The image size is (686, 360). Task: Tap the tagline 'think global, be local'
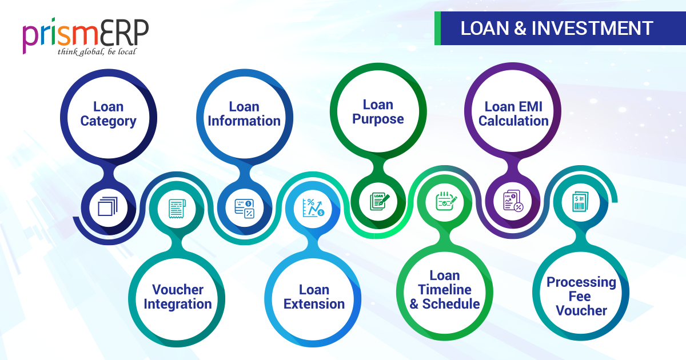tap(97, 52)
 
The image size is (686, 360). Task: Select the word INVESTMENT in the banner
tap(592, 28)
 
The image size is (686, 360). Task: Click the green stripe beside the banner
tap(437, 28)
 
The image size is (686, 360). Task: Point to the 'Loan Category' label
tap(109, 114)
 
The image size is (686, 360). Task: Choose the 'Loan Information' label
tap(244, 114)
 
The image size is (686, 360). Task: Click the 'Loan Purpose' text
tap(378, 112)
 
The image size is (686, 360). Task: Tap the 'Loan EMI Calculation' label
tap(513, 114)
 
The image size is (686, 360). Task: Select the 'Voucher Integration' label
tap(178, 297)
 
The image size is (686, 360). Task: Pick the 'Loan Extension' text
tap(314, 297)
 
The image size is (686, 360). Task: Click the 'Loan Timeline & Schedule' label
tap(445, 290)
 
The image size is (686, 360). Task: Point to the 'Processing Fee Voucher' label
tap(581, 297)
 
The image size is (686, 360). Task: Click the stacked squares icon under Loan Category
tap(108, 207)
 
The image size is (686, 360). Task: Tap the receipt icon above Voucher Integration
tap(177, 209)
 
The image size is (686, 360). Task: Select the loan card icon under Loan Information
tap(245, 209)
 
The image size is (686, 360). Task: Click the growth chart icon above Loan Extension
tap(313, 207)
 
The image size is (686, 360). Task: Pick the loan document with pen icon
tap(380, 201)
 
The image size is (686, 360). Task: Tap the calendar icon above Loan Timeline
tap(446, 201)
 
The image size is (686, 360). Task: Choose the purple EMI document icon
tap(513, 201)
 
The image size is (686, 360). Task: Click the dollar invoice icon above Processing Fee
tap(580, 202)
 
